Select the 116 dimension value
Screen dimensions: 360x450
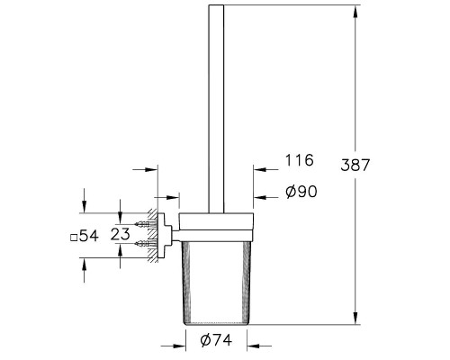(298, 161)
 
